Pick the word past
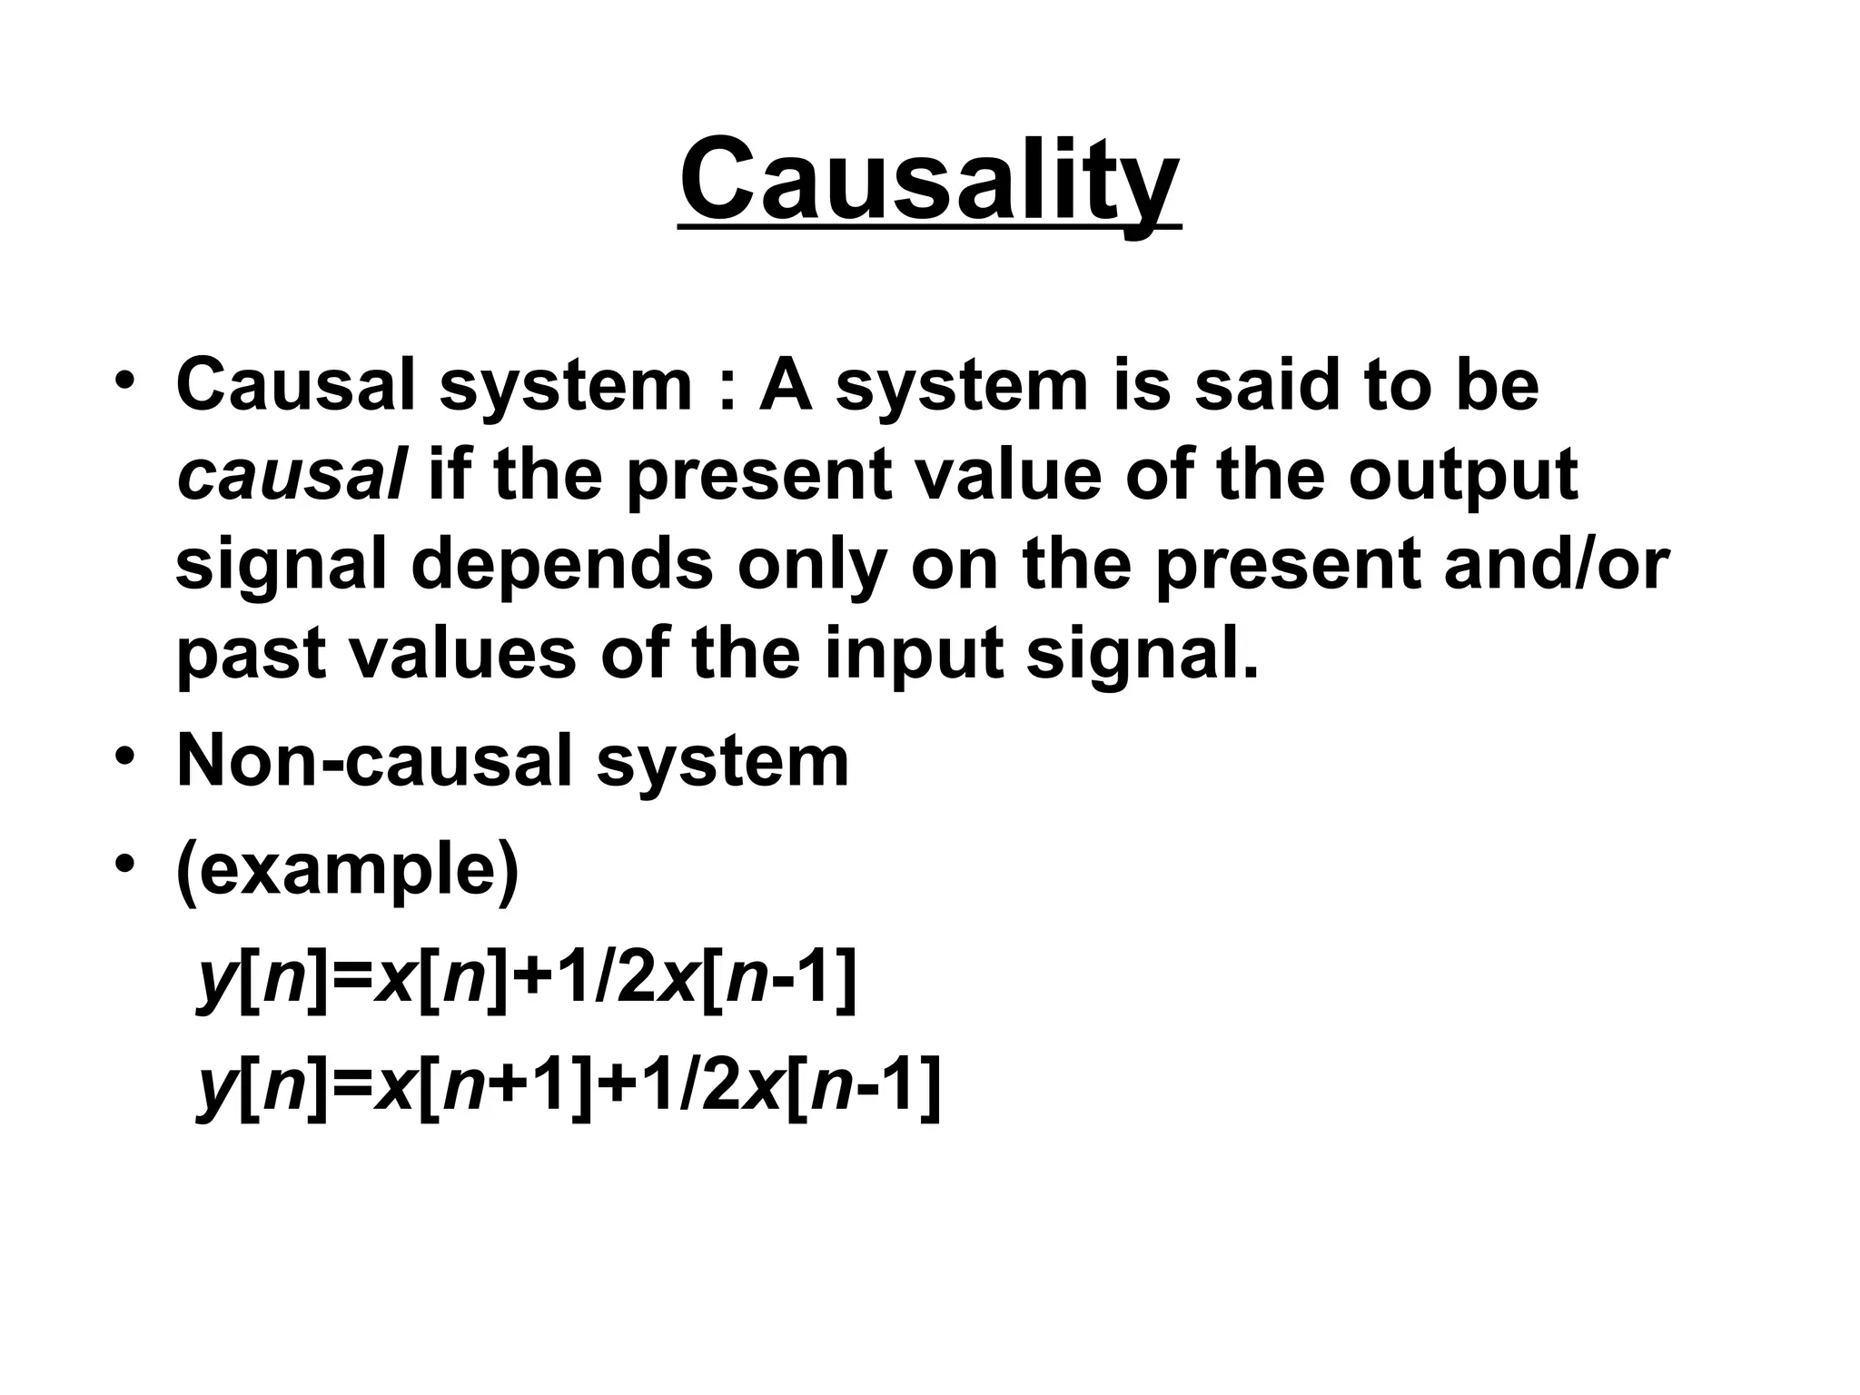pyautogui.click(x=251, y=654)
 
